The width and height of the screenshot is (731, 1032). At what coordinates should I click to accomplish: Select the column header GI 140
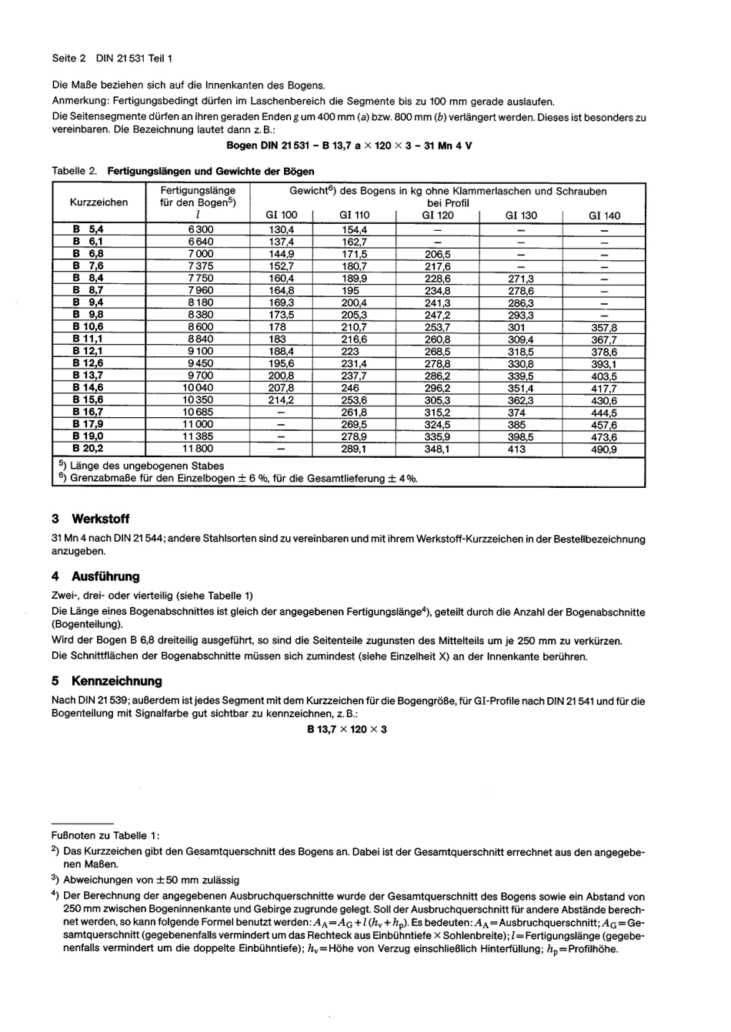pos(604,215)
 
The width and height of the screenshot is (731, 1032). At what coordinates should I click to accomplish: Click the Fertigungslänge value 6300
pos(201,229)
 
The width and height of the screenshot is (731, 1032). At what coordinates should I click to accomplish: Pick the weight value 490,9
pos(603,449)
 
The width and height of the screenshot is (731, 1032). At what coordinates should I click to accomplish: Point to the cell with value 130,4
pos(281,229)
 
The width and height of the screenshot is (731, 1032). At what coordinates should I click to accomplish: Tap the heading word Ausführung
pos(105,576)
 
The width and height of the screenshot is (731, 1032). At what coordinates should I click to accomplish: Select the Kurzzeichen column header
pos(98,202)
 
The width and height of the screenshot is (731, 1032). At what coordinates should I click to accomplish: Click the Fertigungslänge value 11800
pos(198,449)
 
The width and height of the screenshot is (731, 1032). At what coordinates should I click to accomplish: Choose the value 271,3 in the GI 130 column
pos(521,279)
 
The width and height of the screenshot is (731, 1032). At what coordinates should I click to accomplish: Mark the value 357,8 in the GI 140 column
pos(603,327)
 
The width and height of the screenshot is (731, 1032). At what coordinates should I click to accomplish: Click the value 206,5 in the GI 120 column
pos(438,254)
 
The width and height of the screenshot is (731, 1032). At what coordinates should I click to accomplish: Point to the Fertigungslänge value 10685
pos(198,412)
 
